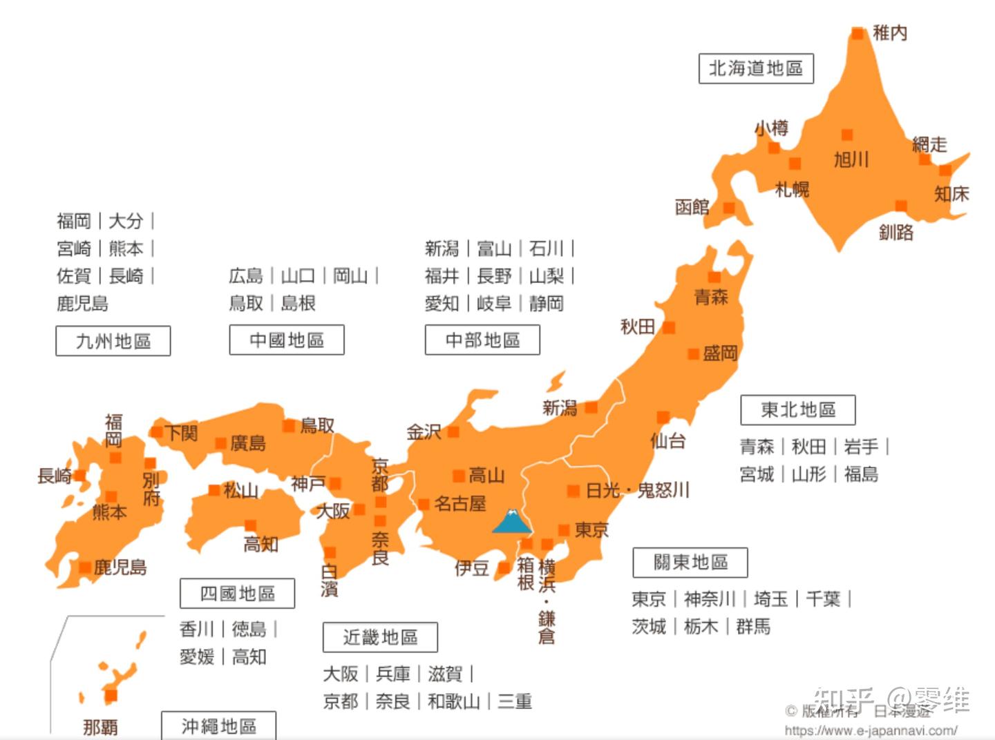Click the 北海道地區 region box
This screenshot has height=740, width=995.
pyautogui.click(x=756, y=68)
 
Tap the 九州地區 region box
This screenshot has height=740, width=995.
pyautogui.click(x=113, y=341)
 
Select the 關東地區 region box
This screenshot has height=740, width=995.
pyautogui.click(x=690, y=563)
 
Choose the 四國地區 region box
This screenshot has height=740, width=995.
pyautogui.click(x=237, y=594)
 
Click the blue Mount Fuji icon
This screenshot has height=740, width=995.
pyautogui.click(x=512, y=521)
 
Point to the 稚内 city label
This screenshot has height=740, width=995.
pyautogui.click(x=890, y=32)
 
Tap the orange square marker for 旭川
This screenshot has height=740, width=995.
pyautogui.click(x=846, y=135)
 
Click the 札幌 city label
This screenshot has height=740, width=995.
pyautogui.click(x=792, y=188)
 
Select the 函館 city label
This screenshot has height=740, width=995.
pyautogui.click(x=692, y=207)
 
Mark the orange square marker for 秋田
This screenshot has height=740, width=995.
pyautogui.click(x=668, y=327)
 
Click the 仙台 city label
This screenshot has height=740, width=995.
pyautogui.click(x=667, y=440)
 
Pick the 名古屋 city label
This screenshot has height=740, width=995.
pyautogui.click(x=460, y=504)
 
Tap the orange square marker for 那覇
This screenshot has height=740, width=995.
pyautogui.click(x=111, y=695)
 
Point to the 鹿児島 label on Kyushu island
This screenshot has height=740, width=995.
pyautogui.click(x=120, y=567)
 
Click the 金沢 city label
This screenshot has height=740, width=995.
pyautogui.click(x=424, y=432)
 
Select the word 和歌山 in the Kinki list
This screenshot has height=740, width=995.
pyautogui.click(x=453, y=701)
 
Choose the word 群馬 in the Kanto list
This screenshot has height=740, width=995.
pyautogui.click(x=753, y=626)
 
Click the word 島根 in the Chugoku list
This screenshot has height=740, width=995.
pyautogui.click(x=298, y=303)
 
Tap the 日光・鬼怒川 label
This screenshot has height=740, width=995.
pyautogui.click(x=638, y=490)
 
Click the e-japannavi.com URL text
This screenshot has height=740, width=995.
pyautogui.click(x=871, y=730)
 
